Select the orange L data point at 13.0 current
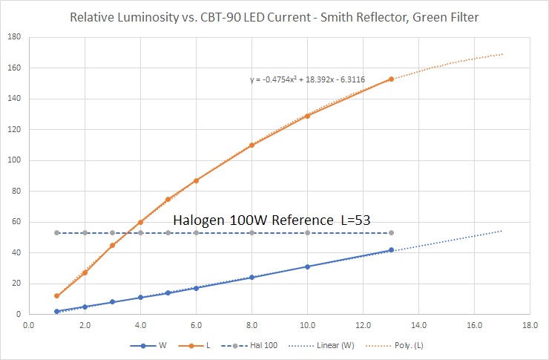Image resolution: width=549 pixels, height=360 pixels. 391,79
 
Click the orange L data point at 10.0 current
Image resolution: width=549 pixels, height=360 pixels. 307,116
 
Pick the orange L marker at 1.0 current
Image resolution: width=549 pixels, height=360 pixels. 57,296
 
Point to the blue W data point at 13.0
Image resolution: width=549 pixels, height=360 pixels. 391,250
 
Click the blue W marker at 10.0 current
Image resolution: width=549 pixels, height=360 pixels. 307,266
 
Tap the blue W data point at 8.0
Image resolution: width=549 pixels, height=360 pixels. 252,278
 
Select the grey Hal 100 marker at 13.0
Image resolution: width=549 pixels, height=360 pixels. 391,233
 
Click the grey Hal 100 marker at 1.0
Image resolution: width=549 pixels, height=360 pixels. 57,233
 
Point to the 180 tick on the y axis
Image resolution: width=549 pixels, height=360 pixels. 14,37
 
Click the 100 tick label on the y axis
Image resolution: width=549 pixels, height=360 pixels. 14,160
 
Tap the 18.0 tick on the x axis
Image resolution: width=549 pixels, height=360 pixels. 530,324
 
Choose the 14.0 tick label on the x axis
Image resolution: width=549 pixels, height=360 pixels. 418,324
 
